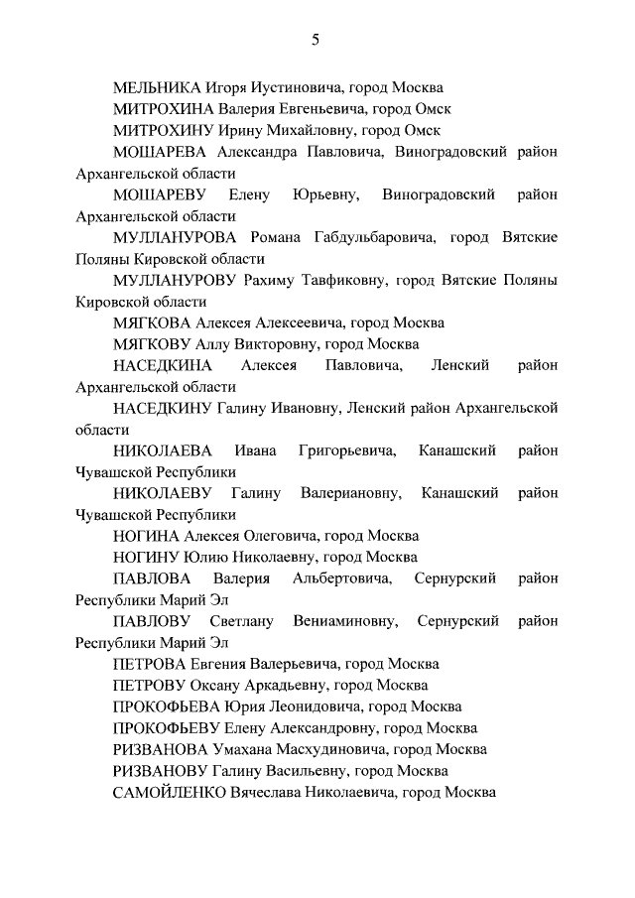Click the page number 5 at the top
click(316, 40)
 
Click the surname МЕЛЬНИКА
click(158, 87)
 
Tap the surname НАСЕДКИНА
click(164, 366)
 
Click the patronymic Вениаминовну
click(346, 621)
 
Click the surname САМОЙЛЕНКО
click(171, 792)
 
